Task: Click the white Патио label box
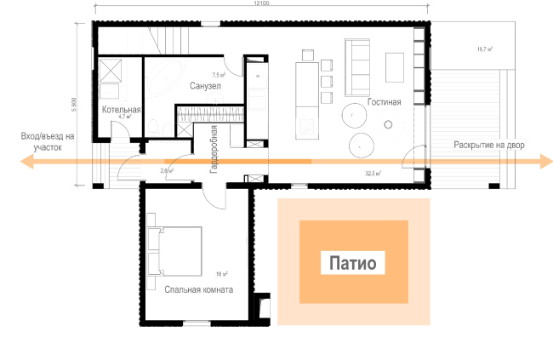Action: pyautogui.click(x=353, y=263)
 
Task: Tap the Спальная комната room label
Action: pyautogui.click(x=199, y=289)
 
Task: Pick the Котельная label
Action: pyautogui.click(x=121, y=110)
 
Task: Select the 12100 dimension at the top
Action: pyautogui.click(x=261, y=5)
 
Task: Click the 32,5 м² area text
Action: pyautogui.click(x=372, y=173)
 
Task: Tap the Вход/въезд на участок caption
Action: pyautogui.click(x=48, y=141)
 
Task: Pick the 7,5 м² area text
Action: pyautogui.click(x=230, y=75)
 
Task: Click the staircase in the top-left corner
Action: pyautogui.click(x=174, y=39)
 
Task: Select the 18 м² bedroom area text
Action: pyautogui.click(x=222, y=274)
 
